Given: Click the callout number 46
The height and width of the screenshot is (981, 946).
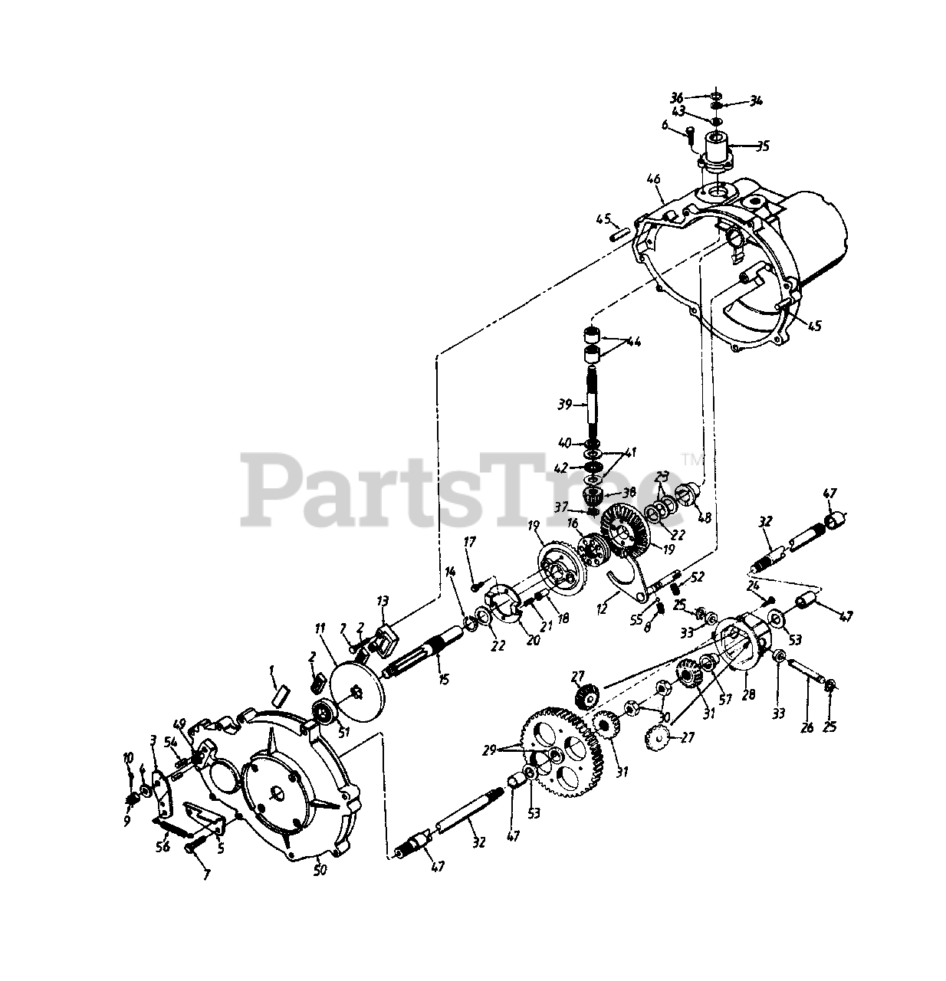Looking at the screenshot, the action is pos(653,180).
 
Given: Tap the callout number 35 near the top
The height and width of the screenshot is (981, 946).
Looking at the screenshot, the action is pos(741,145).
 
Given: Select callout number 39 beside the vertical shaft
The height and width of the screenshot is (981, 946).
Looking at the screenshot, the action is pos(566,404).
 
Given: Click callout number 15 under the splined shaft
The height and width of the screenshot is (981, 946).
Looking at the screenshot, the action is pos(443,678).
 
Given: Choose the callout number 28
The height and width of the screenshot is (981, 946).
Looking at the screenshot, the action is pos(748,695).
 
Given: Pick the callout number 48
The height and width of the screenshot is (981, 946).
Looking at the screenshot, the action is pos(705,518).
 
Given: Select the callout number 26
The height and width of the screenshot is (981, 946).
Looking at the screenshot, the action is pos(806,727).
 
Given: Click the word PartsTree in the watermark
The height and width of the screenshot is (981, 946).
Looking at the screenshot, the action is pos(460,489).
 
